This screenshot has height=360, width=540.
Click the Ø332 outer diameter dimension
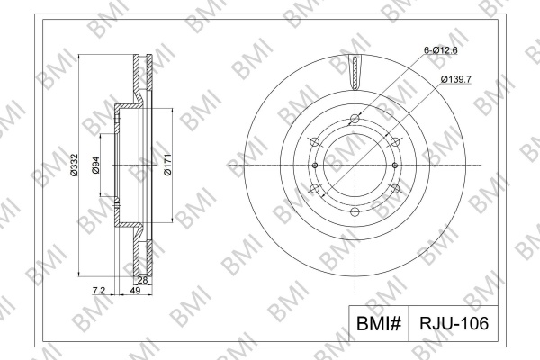pos(74,165)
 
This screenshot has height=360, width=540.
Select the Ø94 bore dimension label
pos(95,165)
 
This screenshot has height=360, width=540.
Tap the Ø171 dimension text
pos(167,165)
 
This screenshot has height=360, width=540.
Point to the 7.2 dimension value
pos(98,291)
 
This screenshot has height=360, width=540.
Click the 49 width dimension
pos(135,291)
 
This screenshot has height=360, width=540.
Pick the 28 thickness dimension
pos(142,280)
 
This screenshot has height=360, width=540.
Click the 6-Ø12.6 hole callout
pos(440,50)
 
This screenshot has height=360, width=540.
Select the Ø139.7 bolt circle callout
pos(456,79)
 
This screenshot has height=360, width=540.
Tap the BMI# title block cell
pos(379,323)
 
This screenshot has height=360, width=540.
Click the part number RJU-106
pos(454,323)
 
